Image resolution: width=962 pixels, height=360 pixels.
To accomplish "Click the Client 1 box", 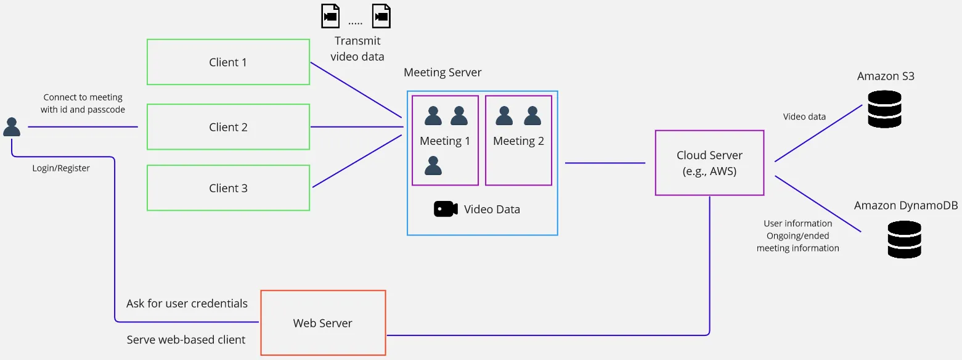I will (228, 62).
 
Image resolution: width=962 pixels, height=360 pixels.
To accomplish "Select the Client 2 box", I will (228, 127).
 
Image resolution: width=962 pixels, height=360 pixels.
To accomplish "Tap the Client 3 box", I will (228, 188).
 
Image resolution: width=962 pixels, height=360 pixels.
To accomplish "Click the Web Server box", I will (323, 323).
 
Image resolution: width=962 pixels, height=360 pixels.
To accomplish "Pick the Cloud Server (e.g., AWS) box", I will (709, 163).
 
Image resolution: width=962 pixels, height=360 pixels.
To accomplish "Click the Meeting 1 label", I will (445, 141).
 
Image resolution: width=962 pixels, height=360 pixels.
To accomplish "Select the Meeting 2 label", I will (518, 141).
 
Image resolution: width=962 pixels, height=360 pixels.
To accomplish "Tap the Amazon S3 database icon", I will (884, 109).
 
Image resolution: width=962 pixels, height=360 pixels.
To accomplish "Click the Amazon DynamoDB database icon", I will (904, 239).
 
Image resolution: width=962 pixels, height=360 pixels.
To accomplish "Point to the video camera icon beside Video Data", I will (446, 209).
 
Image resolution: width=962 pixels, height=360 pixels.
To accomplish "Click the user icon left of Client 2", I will (12, 127).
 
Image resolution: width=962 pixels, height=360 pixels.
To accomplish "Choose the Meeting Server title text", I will (442, 73).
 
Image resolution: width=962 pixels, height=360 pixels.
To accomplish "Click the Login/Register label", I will (61, 168).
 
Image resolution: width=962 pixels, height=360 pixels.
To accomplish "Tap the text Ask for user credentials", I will (187, 303).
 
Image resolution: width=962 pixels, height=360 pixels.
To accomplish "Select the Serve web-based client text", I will (186, 340).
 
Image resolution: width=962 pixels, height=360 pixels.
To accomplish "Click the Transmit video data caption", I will (357, 49).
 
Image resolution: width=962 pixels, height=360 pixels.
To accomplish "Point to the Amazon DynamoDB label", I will (906, 206).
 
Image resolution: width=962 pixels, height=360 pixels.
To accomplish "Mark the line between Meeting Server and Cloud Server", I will (605, 163).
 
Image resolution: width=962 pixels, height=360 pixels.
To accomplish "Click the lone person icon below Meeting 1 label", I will (433, 166).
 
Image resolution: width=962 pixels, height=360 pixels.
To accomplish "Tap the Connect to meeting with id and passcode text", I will (83, 104).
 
